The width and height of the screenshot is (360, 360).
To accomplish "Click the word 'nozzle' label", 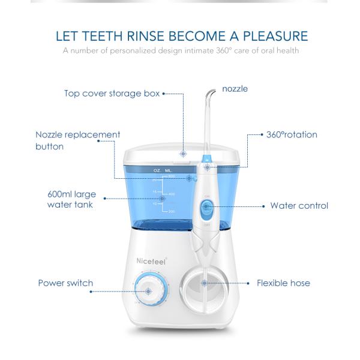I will click(x=235, y=89).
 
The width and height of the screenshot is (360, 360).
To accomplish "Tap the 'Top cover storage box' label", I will click(x=112, y=93).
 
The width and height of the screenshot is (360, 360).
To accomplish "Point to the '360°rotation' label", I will click(x=292, y=134).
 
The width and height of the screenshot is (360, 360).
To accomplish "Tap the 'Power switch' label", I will click(x=65, y=283).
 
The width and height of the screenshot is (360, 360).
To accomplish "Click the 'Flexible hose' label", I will click(x=284, y=283).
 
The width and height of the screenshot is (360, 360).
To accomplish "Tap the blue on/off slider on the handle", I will click(x=206, y=211).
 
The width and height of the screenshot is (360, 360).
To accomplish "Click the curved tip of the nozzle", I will click(x=209, y=93).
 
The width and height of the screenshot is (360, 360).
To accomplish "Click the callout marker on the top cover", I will click(x=182, y=153).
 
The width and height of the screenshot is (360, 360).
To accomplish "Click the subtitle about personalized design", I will click(x=180, y=50).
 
